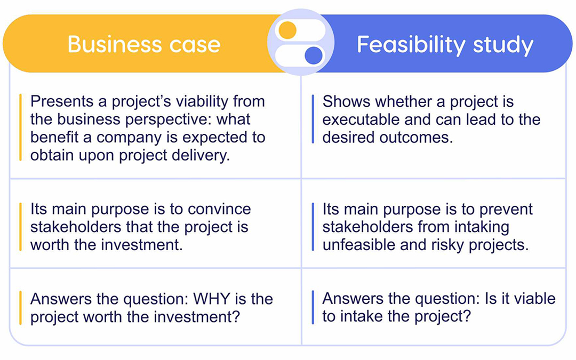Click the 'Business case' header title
point(144,44)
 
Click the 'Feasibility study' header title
point(445,45)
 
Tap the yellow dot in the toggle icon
point(287,30)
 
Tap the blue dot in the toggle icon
point(314,54)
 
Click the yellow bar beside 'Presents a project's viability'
point(20,128)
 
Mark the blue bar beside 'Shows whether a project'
point(313,119)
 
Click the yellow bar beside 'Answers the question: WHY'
point(20,308)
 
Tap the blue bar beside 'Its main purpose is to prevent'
point(313,227)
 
